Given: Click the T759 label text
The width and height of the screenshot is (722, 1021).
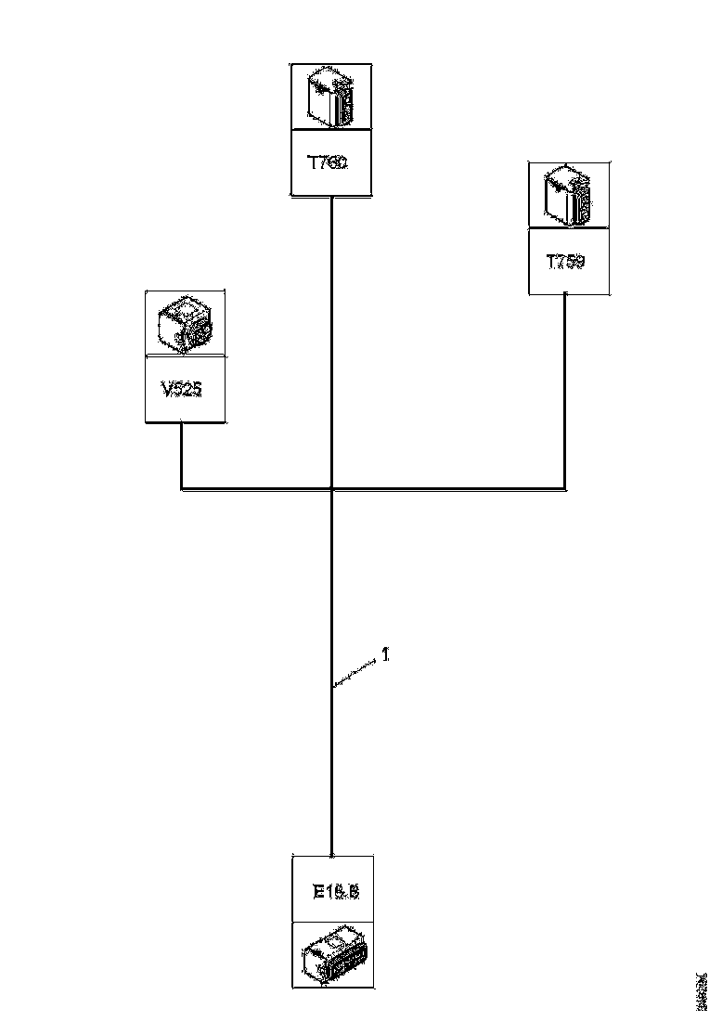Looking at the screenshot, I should (565, 262).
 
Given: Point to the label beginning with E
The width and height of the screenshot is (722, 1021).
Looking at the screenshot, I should (335, 893).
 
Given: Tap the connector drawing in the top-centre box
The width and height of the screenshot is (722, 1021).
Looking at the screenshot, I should (331, 97).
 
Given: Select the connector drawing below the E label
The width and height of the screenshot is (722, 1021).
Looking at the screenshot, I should (333, 956).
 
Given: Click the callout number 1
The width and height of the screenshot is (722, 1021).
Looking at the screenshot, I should (385, 654).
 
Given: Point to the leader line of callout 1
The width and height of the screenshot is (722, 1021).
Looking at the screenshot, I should (355, 673).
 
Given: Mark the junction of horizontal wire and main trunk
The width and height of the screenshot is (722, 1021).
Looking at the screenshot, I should (332, 487).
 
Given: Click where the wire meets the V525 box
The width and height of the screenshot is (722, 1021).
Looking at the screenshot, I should (180, 423).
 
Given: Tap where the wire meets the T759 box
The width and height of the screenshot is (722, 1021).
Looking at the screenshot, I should (565, 295).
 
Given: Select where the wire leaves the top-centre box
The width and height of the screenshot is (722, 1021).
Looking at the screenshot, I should (331, 197).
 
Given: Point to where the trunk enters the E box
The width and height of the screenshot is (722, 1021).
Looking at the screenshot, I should (332, 852).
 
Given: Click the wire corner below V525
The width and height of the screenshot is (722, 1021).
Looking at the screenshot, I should (180, 487).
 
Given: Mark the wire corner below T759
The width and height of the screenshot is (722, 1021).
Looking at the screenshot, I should (565, 487).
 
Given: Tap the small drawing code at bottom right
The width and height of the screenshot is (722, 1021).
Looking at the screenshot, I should (702, 991).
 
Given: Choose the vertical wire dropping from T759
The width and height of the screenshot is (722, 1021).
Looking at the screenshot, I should (565, 390).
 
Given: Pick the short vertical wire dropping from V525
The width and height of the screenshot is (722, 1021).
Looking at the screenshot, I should (180, 455).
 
